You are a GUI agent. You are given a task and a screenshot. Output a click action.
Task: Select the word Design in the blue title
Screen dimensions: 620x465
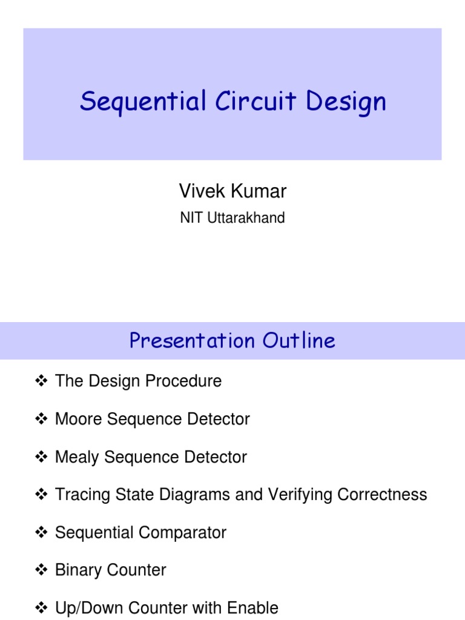346,102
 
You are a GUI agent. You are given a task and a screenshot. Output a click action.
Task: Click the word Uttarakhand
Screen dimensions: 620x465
246,218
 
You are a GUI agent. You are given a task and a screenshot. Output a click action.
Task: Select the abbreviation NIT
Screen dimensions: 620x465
193,218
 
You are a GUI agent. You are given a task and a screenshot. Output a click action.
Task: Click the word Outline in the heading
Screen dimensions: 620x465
298,341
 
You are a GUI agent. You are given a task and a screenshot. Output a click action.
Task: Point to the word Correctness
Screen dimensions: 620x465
382,495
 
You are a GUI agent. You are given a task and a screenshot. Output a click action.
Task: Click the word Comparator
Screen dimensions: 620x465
185,533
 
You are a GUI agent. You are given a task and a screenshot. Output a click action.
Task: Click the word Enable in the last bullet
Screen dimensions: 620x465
252,608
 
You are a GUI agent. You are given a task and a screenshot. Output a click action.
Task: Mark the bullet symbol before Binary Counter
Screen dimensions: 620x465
41,570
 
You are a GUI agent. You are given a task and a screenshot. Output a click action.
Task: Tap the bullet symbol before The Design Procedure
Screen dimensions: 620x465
41,381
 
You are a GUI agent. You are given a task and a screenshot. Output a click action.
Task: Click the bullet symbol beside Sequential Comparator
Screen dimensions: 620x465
41,533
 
